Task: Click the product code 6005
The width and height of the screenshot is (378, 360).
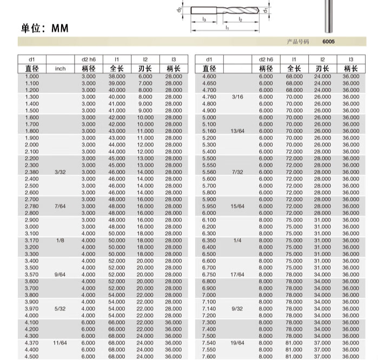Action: [329, 42]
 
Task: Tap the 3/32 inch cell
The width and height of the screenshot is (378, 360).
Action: [60, 172]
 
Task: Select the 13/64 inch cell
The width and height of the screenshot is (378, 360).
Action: [238, 131]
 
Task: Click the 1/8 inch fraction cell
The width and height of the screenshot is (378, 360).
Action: [60, 240]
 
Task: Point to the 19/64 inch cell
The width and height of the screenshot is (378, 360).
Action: [238, 342]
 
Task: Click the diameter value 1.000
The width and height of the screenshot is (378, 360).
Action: [32, 76]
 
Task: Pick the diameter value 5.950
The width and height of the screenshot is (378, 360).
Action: [209, 206]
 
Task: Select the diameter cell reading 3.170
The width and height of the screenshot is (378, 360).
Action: [32, 240]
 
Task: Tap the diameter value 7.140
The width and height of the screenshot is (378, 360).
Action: [209, 308]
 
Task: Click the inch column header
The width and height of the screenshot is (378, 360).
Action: [60, 69]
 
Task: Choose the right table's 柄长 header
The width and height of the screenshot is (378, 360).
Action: [350, 69]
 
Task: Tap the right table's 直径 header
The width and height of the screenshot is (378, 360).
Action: [209, 69]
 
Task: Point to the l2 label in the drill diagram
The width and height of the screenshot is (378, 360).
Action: [240, 19]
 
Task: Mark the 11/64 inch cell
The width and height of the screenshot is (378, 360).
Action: [60, 342]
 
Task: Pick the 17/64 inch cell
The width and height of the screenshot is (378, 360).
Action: [238, 274]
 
